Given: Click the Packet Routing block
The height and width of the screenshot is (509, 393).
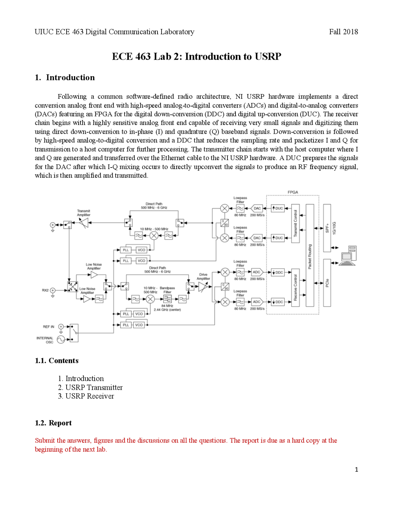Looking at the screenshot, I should pos(310,255).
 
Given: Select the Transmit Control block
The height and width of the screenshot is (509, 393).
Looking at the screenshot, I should pos(295,223).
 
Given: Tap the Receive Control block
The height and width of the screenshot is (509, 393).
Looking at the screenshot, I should pos(295,287).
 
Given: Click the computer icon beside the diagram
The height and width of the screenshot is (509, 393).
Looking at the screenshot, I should pos(348,255).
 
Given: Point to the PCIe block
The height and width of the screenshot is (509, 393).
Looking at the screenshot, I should pos(327,283).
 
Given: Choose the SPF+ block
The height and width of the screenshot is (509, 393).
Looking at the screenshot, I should pos(327,228).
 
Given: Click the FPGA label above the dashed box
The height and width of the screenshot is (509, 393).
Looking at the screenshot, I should pos(293,192).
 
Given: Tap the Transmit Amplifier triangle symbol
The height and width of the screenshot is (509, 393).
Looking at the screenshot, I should pos(84,223).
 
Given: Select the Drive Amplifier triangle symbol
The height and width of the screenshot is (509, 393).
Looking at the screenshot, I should pos(203,287).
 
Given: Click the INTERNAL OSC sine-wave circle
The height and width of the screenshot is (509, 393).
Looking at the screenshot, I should pos(61,340).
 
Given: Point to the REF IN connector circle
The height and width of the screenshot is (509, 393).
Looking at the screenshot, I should pos(61,326).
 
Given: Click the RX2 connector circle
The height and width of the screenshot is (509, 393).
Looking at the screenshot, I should pos(53,290).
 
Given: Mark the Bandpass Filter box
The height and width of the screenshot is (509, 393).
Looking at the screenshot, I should pos(167,299).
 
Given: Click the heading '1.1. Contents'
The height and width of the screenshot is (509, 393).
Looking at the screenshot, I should pos(57,361).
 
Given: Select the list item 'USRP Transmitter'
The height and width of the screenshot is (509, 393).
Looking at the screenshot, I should pos(94,387).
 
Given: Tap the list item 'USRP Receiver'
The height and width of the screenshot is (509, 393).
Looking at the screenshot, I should pos(90,396).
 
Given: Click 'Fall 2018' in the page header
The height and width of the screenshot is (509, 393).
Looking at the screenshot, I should pos(343,32).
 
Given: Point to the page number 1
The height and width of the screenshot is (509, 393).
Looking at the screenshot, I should pos(356,469).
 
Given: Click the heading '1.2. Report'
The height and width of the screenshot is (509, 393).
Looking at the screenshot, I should pos(53,423).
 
